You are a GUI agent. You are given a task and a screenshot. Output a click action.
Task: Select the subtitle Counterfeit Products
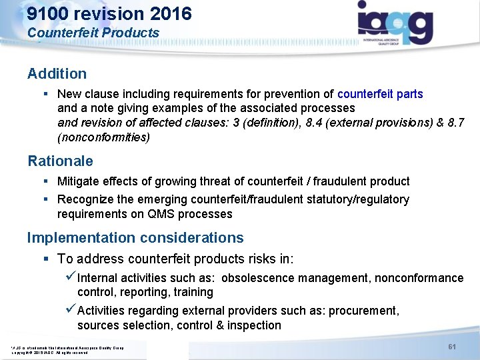point(93,33)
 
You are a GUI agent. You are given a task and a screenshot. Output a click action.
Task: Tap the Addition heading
point(57,73)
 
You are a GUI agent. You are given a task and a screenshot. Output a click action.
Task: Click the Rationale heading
point(60,161)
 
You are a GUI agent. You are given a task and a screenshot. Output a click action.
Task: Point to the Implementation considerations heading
point(135,237)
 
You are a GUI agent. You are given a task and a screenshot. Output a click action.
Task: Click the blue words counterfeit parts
point(380,94)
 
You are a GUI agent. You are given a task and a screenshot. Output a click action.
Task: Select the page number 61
point(452,347)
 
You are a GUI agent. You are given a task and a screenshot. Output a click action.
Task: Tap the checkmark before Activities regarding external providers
point(71,310)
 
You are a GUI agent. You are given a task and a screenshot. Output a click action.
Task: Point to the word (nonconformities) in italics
point(103,137)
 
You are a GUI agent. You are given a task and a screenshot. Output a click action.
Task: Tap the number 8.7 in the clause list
point(456,123)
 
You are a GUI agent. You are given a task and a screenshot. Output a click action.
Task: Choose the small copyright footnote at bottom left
point(67,349)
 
